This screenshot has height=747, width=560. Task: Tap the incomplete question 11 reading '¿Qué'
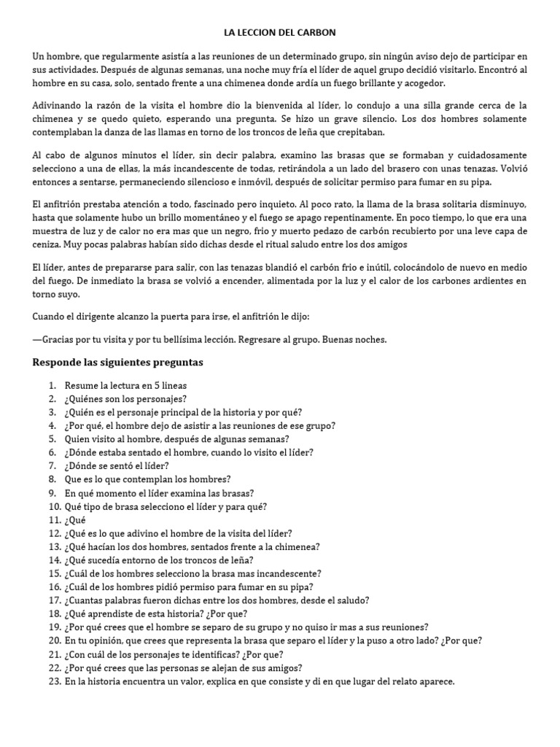[x=74, y=521]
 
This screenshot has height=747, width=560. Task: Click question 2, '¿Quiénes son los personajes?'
[x=125, y=398]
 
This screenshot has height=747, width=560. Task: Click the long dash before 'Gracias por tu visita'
[x=37, y=340]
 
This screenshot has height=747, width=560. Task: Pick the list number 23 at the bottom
[x=53, y=681]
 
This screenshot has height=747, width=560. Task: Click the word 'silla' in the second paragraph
[x=440, y=106]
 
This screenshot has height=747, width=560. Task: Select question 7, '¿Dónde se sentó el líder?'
[x=117, y=465]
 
